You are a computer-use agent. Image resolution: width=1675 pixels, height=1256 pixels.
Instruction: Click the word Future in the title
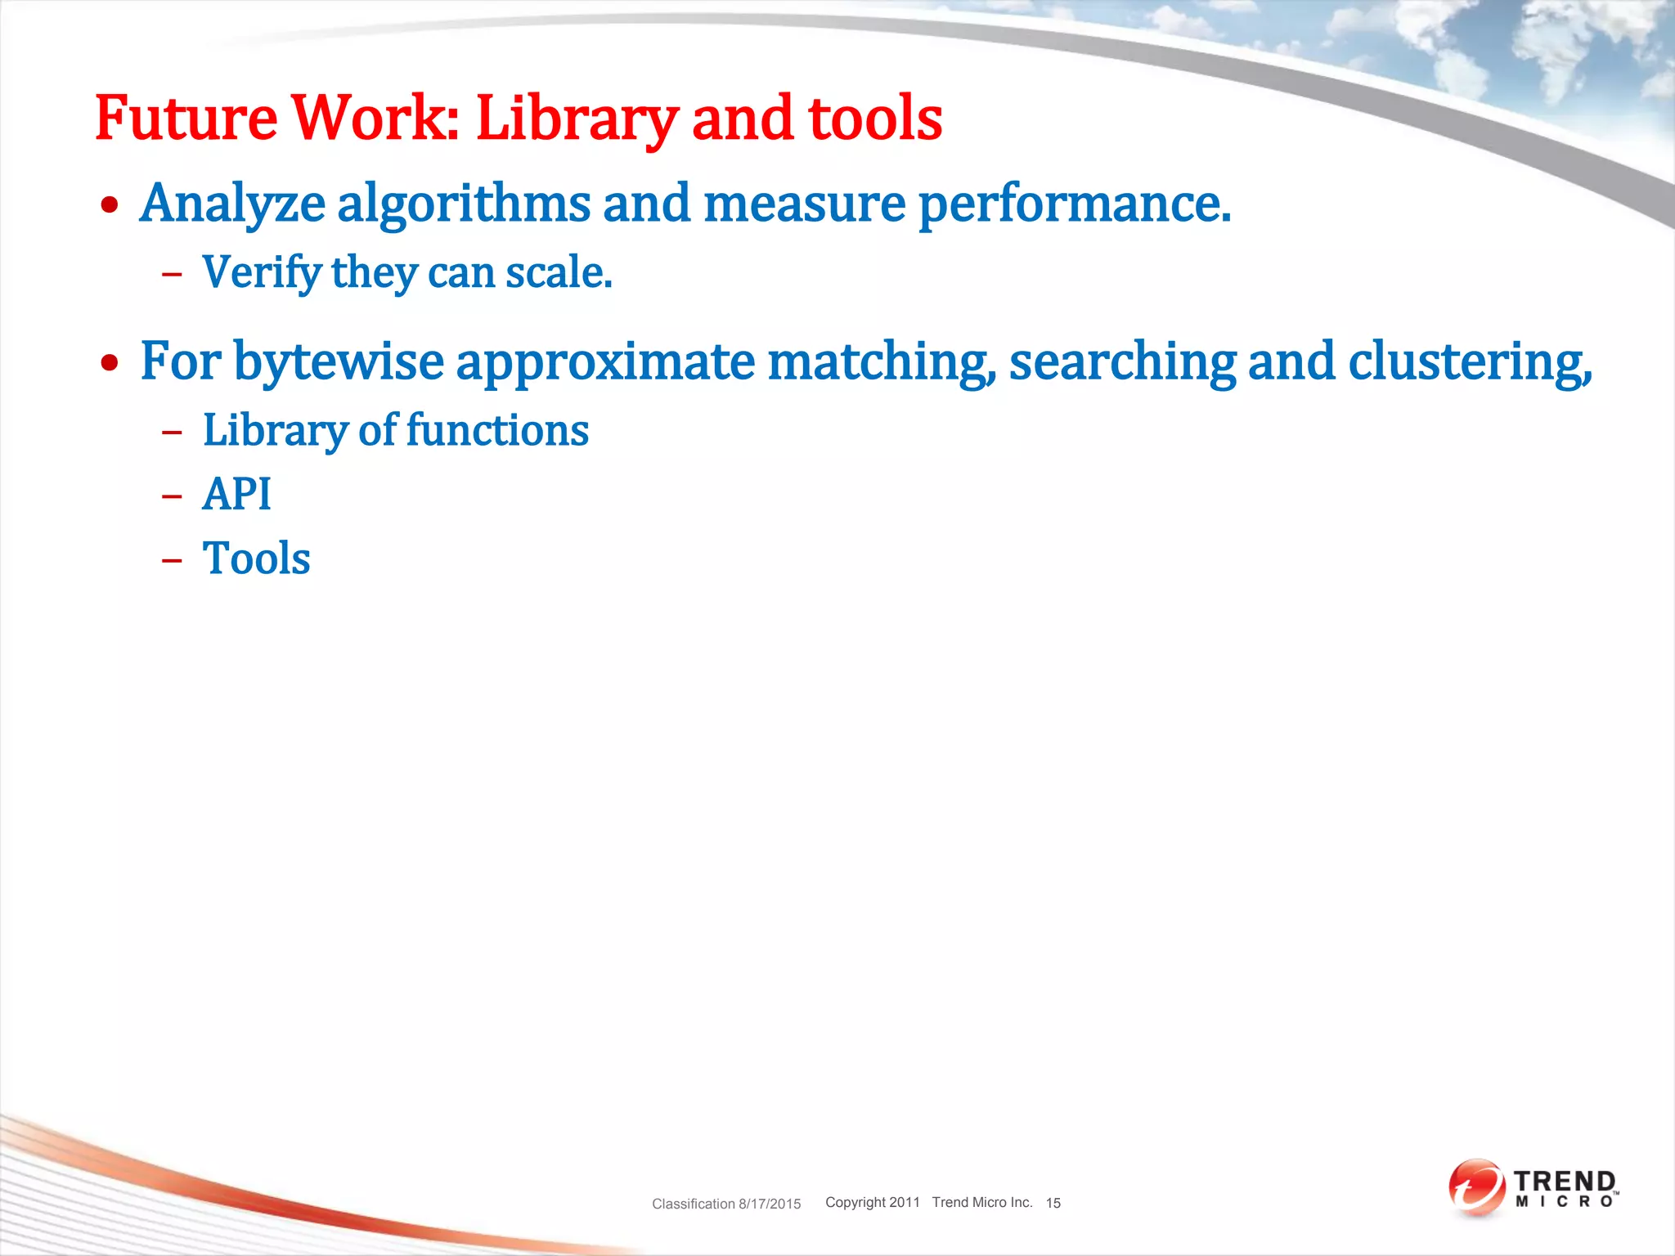coord(186,119)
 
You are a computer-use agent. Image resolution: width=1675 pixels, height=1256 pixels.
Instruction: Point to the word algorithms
coord(464,204)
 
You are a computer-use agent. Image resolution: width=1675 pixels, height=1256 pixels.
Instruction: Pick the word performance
coord(1074,204)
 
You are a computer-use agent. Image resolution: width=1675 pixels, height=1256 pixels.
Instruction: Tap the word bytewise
coord(339,362)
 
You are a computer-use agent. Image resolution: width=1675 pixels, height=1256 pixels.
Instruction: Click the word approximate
coord(605,362)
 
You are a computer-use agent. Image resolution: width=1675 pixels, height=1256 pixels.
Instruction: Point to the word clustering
coord(1469,362)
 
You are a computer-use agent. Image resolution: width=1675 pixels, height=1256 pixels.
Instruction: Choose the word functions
coord(497,431)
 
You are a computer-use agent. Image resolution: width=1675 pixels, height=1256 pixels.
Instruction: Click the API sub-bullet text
coord(236,495)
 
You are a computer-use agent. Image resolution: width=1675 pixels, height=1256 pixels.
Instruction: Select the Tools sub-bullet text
coord(256,559)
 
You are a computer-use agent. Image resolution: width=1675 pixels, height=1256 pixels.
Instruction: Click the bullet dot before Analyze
coord(110,205)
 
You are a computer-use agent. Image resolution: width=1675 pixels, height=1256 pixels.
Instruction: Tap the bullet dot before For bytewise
coord(110,363)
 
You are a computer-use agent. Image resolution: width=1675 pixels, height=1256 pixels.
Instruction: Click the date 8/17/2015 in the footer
coord(770,1204)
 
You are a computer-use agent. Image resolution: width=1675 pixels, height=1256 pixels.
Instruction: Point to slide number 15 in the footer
coord(1053,1203)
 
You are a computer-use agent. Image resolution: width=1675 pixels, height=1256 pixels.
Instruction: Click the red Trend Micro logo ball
coord(1476,1186)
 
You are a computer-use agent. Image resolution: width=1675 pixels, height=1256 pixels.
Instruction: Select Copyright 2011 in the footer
coord(872,1202)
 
